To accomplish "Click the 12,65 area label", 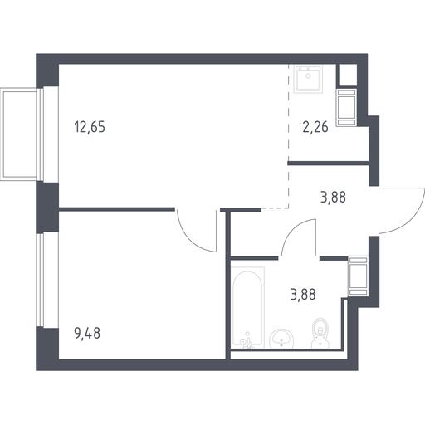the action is click(90, 127).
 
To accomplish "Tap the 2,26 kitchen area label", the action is click(315, 127).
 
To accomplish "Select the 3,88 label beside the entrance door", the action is click(333, 198).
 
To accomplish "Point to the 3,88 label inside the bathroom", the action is click(303, 295).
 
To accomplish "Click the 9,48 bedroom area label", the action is click(87, 333).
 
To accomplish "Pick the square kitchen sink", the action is click(308, 79).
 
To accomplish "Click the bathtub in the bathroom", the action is click(247, 307).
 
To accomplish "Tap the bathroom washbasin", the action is click(281, 338).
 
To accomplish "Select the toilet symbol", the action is click(320, 333).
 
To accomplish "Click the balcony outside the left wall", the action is click(19, 134).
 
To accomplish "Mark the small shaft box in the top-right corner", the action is click(348, 76).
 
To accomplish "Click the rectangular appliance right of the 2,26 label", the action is click(346, 108).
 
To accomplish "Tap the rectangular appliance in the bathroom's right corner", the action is click(358, 276).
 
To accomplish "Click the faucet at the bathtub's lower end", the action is click(247, 342).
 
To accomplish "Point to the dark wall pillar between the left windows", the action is click(47, 207).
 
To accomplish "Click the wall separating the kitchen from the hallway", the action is click(329, 164).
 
